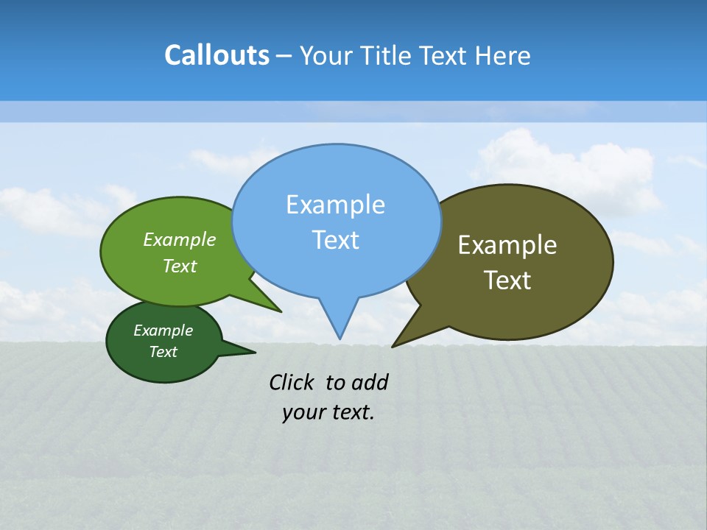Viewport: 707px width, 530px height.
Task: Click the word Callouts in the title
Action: point(217,56)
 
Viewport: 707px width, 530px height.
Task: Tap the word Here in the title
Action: point(504,56)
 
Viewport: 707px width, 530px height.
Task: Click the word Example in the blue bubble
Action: point(335,205)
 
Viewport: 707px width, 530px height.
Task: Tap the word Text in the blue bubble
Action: point(336,240)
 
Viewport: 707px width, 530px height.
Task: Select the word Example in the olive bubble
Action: point(507,245)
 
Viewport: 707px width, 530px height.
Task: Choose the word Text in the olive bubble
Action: point(507,280)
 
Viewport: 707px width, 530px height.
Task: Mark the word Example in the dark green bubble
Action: point(163,331)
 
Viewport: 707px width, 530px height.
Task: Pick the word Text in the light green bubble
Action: point(180,266)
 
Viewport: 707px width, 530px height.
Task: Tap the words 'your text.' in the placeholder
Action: point(328,412)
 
